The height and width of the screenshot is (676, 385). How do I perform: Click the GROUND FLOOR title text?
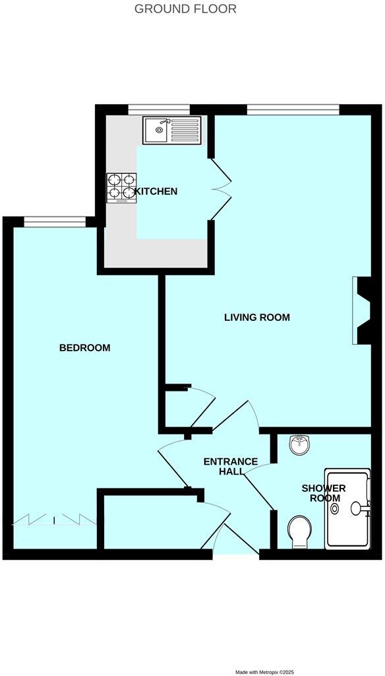[185, 9]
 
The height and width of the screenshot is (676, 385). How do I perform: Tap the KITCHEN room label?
[156, 191]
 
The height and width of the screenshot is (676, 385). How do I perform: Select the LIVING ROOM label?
[257, 318]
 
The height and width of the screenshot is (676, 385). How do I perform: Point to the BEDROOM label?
[84, 348]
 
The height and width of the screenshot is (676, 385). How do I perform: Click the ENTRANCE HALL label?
[230, 466]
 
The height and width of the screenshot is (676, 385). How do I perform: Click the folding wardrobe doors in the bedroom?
[54, 521]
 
